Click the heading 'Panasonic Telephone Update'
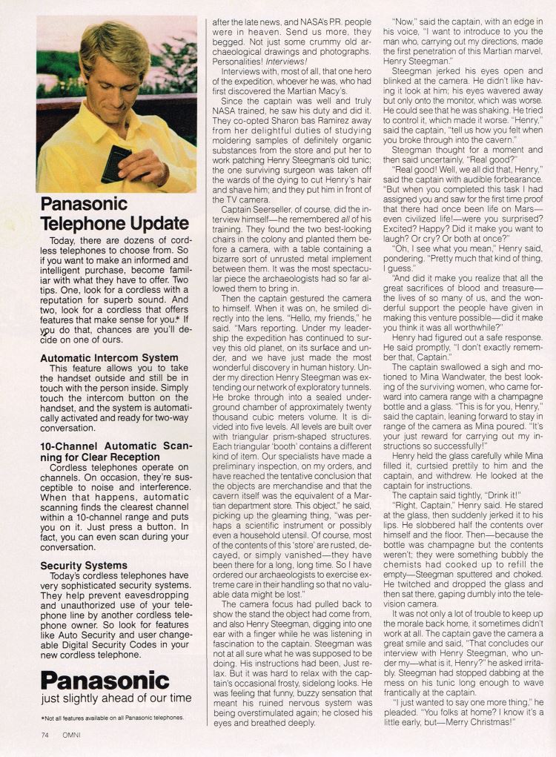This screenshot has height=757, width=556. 114,214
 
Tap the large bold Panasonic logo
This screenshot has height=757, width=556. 105,680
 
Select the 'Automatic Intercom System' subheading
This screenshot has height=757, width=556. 109,358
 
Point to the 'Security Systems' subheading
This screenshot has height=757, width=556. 84,566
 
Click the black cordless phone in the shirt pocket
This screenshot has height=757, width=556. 116,164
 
